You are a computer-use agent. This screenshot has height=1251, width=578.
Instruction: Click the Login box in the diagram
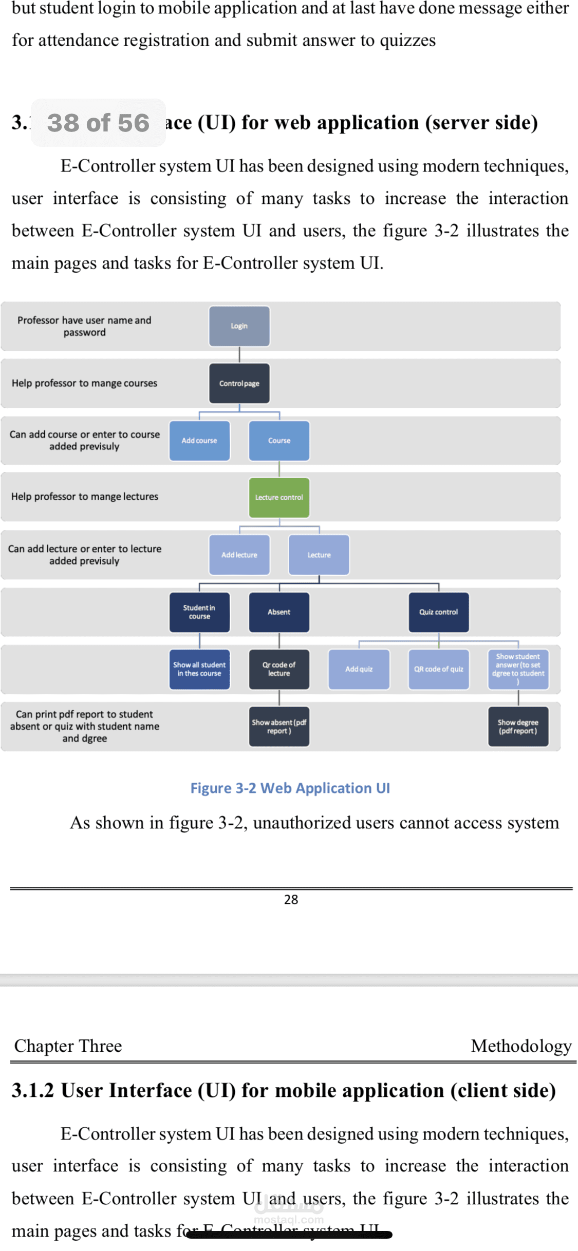click(239, 326)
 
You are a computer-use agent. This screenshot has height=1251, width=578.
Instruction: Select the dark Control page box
click(239, 383)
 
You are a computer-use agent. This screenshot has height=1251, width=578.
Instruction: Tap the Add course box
click(199, 441)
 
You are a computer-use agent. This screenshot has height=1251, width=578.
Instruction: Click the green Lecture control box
click(279, 497)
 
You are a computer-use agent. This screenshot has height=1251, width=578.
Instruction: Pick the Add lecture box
click(239, 555)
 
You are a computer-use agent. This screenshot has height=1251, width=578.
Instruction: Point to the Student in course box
click(199, 612)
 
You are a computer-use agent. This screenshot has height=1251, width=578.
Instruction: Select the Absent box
click(279, 612)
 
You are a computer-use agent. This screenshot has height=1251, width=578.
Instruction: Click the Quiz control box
click(438, 612)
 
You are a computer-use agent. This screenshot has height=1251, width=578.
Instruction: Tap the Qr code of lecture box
click(279, 669)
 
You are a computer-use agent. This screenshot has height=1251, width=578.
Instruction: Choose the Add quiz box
click(359, 669)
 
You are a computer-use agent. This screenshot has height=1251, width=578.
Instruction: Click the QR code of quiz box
click(438, 669)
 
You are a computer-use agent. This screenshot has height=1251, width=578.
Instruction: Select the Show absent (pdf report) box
click(279, 726)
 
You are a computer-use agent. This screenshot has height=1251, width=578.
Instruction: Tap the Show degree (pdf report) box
click(518, 726)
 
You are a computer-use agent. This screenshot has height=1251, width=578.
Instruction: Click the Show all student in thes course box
click(199, 669)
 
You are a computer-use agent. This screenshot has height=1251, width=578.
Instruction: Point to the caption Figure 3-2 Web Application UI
click(290, 788)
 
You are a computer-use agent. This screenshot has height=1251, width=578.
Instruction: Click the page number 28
click(291, 899)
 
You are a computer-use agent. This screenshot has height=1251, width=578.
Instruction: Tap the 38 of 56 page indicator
click(98, 123)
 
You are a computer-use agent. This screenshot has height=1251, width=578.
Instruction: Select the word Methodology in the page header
click(521, 1046)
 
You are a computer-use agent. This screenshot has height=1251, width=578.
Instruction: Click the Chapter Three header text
click(68, 1046)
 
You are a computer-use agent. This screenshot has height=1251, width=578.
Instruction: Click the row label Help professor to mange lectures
click(85, 497)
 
